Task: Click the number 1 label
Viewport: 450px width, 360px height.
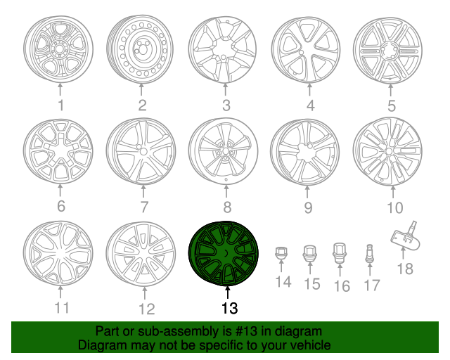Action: [x=60, y=106]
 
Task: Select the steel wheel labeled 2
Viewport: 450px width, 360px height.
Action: [x=141, y=50]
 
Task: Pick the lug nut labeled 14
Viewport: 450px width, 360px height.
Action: [x=281, y=253]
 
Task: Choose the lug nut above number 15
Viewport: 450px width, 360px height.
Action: [x=309, y=253]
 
